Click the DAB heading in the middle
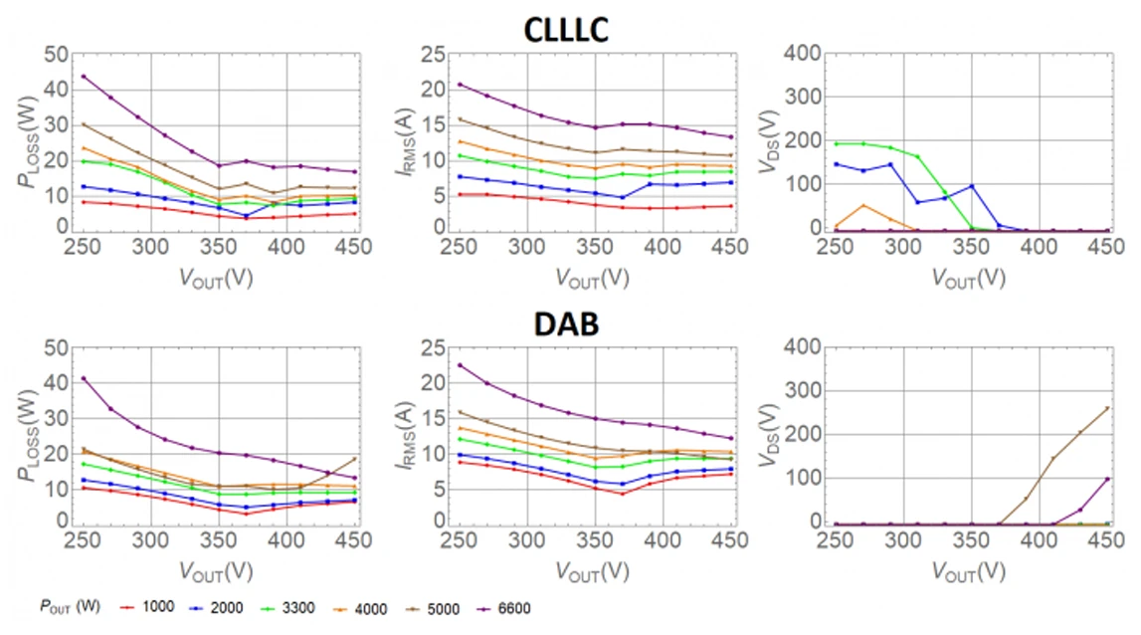565,324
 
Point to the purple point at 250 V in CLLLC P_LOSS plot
85,76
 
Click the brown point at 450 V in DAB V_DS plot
1107,408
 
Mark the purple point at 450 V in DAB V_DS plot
1107,479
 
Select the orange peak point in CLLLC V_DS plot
863,206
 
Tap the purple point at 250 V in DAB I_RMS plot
460,364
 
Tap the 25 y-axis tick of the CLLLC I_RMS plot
434,54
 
